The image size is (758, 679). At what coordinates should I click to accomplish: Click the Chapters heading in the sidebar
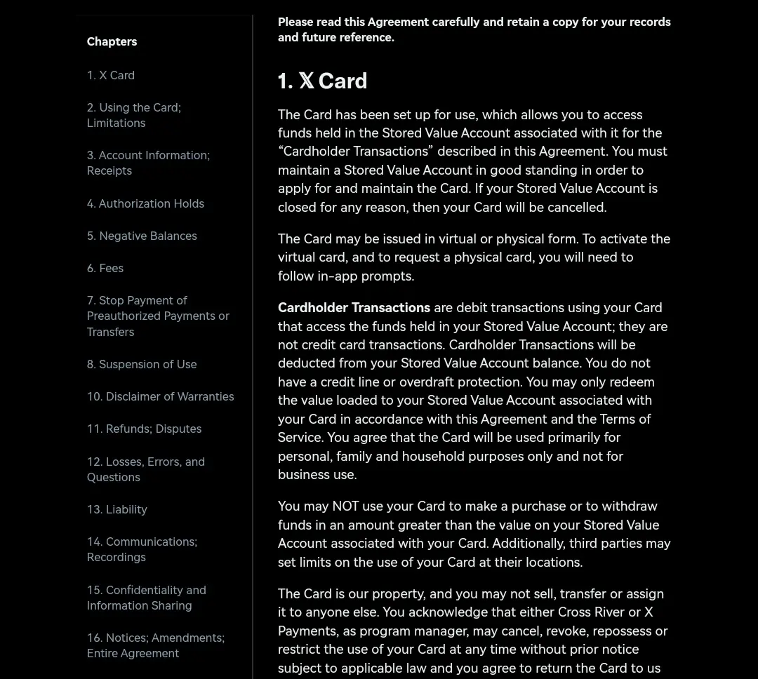[x=112, y=41]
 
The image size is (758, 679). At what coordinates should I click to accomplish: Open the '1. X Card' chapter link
[x=111, y=75]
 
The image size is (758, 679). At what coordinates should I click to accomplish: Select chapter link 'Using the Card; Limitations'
[x=133, y=115]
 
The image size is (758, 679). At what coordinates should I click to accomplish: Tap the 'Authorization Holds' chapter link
[x=145, y=203]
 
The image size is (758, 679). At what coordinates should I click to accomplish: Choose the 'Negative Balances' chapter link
[x=142, y=236]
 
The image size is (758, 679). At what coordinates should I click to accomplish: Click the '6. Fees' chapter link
[x=105, y=268]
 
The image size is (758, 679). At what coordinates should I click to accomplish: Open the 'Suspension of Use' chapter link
[x=142, y=364]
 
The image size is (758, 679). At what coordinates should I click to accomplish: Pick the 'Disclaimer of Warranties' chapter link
[x=160, y=396]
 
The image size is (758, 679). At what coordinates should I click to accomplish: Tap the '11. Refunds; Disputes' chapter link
[x=144, y=429]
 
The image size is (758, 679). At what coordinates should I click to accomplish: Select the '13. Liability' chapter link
[x=117, y=509]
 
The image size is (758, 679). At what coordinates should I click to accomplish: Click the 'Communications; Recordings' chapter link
[x=142, y=549]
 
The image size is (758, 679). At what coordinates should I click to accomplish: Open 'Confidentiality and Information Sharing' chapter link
[x=146, y=598]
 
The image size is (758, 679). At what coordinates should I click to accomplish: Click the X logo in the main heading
[x=306, y=81]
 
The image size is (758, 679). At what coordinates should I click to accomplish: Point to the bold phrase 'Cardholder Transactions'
[x=354, y=308]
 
